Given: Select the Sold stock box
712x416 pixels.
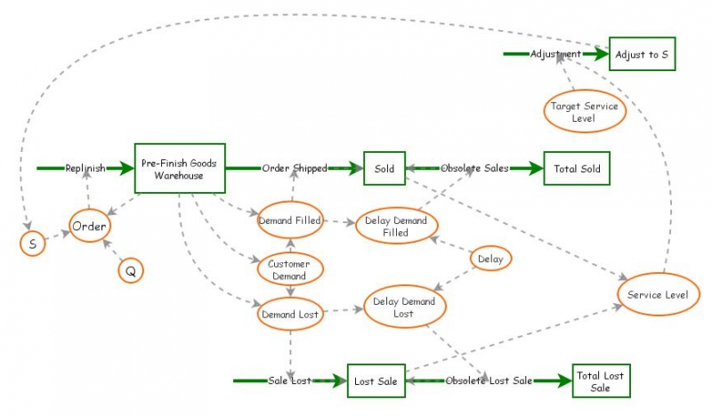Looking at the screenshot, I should tap(384, 168).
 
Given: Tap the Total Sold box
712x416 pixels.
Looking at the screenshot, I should tap(577, 168).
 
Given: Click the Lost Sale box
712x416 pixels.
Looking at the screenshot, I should tap(376, 381).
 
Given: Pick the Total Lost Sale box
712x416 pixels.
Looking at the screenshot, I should tap(601, 381).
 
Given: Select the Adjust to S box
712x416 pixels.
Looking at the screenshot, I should tap(641, 54).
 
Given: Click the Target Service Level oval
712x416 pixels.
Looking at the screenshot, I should tap(584, 111).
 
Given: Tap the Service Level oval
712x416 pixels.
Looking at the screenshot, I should tap(658, 294).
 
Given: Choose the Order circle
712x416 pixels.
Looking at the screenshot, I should tap(89, 226).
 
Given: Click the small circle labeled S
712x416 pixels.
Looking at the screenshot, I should tap(33, 242).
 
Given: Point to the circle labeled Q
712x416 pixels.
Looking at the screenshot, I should tap(131, 271).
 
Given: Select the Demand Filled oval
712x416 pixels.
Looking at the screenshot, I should tap(289, 220).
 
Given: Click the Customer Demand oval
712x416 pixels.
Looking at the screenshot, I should tap(289, 270).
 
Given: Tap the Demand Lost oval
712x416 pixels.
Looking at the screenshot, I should tap(289, 314).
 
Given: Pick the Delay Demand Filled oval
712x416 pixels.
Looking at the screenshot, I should tap(396, 226).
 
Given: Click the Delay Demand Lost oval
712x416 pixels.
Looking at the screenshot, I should tap(404, 308).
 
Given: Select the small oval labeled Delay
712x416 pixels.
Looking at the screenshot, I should tap(490, 259).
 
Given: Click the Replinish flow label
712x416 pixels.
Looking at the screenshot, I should tap(85, 168).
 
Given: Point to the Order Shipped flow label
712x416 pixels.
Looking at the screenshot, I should tap(295, 168).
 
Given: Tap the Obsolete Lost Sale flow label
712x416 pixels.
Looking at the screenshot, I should tap(488, 381).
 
